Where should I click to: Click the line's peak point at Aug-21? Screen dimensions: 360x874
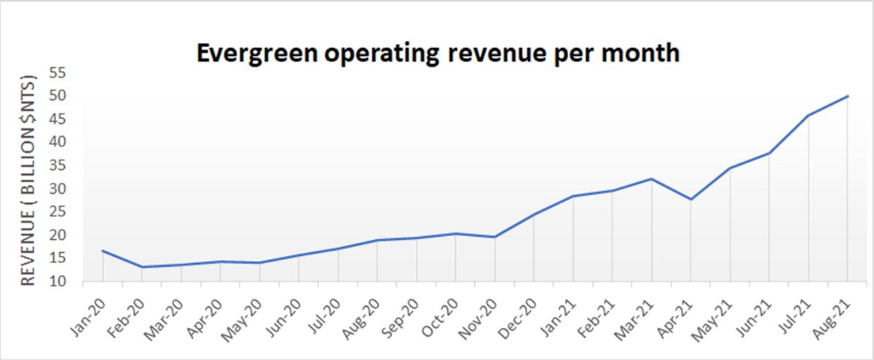coord(848,96)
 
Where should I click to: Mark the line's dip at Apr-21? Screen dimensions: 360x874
coord(690,199)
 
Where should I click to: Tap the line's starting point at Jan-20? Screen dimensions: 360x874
coord(103,251)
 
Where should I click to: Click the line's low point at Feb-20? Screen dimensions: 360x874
coord(142,267)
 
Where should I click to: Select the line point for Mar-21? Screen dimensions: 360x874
coord(651,179)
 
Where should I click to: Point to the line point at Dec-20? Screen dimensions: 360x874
coord(534,214)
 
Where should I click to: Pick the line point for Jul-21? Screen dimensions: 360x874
coord(808,115)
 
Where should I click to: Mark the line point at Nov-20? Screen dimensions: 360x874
coord(495,237)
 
